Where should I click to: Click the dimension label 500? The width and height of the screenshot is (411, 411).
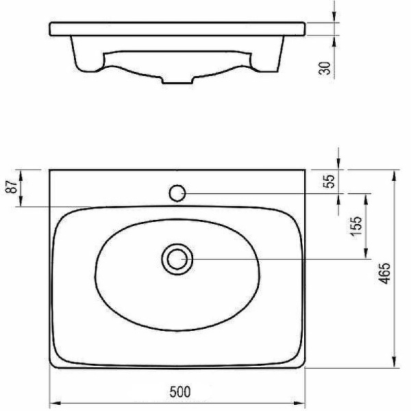[x=180, y=392]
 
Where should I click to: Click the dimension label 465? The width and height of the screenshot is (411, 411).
[x=385, y=273]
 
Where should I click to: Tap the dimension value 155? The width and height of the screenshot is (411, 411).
[x=356, y=226]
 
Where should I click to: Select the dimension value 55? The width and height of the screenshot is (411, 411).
[x=329, y=181]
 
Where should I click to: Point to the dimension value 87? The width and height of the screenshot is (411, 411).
[x=12, y=186]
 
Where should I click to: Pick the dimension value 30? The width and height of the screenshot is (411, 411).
[x=325, y=68]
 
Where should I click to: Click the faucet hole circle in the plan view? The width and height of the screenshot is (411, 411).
[x=177, y=193]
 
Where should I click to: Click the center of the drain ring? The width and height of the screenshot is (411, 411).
[x=177, y=259]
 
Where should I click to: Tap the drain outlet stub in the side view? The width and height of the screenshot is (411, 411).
[x=177, y=80]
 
